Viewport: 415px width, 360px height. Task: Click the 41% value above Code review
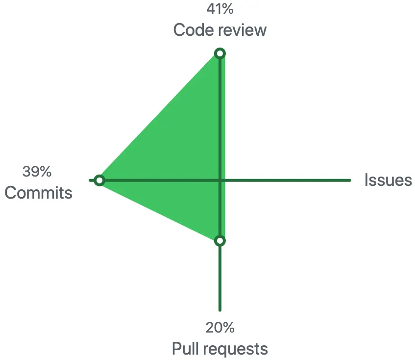click(220, 9)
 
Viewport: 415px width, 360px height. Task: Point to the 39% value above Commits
click(37, 172)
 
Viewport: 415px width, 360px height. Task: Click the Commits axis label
click(38, 193)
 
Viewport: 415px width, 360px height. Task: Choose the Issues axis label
click(388, 180)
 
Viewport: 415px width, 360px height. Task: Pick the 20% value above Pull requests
click(220, 327)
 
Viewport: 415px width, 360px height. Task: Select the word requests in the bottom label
click(236, 349)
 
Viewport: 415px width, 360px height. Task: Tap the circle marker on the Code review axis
click(220, 53)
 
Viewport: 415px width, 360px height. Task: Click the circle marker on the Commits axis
click(99, 180)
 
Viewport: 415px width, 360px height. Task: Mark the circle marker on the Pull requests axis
click(220, 241)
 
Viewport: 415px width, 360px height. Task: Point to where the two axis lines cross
click(220, 180)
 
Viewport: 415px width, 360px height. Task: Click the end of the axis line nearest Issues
click(349, 180)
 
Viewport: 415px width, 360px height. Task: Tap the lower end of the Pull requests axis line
click(220, 309)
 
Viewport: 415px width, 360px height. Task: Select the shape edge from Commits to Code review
click(160, 117)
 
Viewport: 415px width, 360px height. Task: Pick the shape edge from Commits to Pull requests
click(160, 211)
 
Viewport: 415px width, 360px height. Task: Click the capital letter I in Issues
click(366, 180)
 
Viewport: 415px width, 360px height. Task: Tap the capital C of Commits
click(10, 193)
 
